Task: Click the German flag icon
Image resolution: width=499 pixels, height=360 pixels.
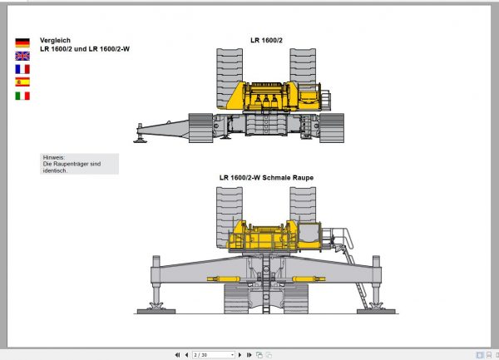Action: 22,42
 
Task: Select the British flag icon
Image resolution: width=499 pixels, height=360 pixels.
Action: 22,56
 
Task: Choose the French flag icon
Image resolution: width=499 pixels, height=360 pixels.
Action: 22,69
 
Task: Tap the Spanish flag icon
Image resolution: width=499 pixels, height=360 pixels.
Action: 22,82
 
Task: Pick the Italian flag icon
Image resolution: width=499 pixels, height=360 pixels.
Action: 22,96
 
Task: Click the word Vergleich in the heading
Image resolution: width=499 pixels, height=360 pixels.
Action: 55,40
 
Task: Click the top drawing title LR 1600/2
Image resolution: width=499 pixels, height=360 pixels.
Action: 266,40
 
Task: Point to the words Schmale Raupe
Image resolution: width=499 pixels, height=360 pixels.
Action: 289,177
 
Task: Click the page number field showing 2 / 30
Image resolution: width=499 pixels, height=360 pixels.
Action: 213,354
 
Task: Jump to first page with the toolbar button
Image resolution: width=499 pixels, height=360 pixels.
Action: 177,354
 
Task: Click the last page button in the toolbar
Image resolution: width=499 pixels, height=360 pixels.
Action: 249,354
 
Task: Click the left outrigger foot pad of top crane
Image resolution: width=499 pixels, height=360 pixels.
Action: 140,141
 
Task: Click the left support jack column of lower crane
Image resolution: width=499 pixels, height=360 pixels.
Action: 154,284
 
